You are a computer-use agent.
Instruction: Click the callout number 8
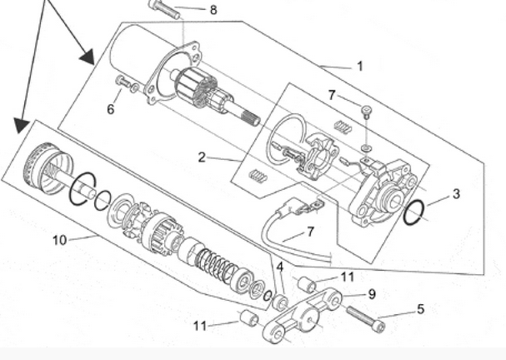pos(213,10)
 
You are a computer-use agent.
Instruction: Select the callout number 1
pos(360,66)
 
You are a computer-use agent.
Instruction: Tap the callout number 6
pos(111,109)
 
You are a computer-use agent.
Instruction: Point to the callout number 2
pos(202,157)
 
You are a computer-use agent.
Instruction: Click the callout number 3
pos(456,194)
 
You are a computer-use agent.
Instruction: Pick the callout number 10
pos(60,240)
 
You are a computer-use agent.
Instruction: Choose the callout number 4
pos(280,267)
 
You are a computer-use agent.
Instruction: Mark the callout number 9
pos(372,294)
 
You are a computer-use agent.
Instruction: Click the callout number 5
pos(420,309)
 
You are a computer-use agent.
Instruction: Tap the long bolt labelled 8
pos(164,10)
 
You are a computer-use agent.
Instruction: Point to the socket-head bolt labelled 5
pos(366,319)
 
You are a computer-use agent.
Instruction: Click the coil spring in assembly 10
pos(216,262)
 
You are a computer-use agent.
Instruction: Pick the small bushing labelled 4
pos(280,302)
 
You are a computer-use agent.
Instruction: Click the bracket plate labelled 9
pos(302,316)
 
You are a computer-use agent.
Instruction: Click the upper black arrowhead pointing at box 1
pos(88,57)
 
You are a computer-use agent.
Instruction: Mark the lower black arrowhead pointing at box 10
pos(22,125)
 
